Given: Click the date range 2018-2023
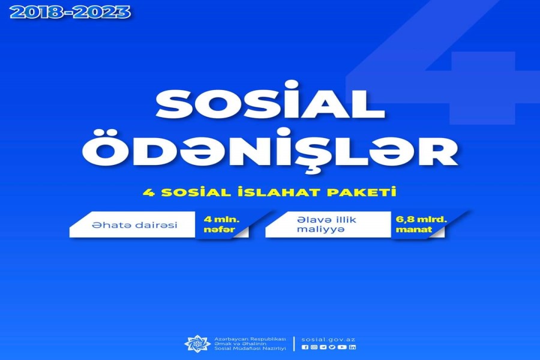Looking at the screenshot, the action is click(x=70, y=13).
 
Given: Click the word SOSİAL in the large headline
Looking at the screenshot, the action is click(x=271, y=101).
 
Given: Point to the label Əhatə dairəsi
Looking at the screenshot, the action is click(x=134, y=226).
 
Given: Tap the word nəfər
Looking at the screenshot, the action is click(x=219, y=229).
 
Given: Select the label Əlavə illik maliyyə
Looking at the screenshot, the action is click(x=326, y=224).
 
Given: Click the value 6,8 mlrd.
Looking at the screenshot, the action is click(x=421, y=220).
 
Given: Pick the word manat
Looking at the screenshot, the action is click(x=413, y=229).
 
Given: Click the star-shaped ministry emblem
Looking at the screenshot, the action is click(x=197, y=343).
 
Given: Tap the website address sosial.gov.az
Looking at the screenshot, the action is click(x=328, y=340).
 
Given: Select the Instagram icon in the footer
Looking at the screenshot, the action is click(x=314, y=347).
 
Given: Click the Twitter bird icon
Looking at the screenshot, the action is click(x=332, y=347).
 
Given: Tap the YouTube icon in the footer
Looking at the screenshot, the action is click(x=342, y=347).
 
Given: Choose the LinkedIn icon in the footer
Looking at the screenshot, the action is click(x=352, y=347).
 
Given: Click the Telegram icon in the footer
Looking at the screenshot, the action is click(x=323, y=347).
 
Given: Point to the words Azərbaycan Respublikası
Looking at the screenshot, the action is click(x=250, y=339).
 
